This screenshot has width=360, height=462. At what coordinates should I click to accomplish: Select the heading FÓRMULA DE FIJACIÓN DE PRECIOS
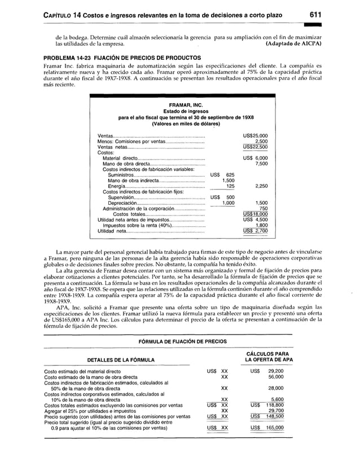(179, 341)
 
